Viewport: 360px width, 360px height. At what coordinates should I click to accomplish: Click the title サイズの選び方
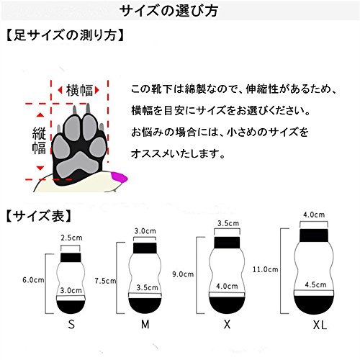(168, 11)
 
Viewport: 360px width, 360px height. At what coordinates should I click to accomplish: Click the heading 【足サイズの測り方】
(65, 35)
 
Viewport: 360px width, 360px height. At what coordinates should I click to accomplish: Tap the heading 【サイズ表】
(38, 216)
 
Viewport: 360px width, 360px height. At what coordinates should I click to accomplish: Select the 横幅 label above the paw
(79, 91)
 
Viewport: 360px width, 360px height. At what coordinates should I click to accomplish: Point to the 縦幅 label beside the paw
(39, 141)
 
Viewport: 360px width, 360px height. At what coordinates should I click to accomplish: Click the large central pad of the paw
(78, 164)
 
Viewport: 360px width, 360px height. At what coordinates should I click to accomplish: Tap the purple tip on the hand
(120, 178)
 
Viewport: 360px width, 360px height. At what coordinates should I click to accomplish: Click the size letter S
(71, 325)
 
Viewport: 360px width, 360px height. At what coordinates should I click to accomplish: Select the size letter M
(145, 325)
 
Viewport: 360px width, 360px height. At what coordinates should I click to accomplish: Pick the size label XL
(320, 325)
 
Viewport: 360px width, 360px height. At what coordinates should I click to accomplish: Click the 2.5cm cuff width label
(71, 238)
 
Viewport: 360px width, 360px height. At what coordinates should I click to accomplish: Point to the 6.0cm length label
(33, 280)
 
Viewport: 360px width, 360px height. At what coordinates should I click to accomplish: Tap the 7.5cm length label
(105, 281)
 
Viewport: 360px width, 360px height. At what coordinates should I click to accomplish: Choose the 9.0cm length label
(183, 274)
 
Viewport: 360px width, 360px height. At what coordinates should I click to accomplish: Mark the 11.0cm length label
(265, 269)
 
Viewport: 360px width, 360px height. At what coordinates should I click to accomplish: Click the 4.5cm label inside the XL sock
(315, 284)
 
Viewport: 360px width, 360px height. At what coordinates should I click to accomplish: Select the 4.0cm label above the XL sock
(314, 215)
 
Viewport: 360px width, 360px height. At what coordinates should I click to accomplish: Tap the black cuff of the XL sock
(314, 235)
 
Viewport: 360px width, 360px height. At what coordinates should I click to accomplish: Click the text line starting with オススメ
(178, 153)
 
